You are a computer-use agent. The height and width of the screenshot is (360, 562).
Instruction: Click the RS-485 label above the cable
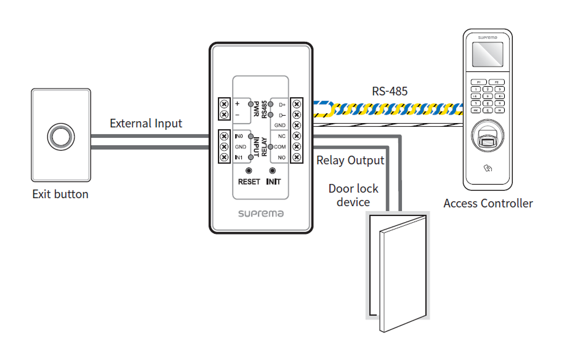[390, 92]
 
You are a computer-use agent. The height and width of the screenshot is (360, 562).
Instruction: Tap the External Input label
[146, 123]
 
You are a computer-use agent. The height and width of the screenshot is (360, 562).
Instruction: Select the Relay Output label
[350, 161]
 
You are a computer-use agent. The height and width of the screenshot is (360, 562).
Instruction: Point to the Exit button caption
[60, 194]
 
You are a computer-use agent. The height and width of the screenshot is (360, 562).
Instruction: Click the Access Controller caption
[488, 203]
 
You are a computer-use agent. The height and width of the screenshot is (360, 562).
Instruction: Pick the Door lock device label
[353, 195]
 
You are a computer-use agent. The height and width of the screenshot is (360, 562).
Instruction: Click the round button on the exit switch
[60, 136]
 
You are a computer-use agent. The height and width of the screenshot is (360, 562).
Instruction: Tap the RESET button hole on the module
[249, 170]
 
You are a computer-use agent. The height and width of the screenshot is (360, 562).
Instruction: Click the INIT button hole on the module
[273, 170]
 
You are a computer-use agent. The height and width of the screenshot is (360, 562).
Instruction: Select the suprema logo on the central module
[260, 214]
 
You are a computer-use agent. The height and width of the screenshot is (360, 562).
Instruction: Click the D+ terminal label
[282, 105]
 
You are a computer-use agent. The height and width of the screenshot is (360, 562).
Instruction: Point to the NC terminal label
[281, 135]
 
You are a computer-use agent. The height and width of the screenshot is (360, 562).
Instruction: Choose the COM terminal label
[280, 146]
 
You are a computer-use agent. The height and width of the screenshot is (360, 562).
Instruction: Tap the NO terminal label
[281, 158]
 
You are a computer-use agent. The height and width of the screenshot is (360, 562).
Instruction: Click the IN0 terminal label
[239, 135]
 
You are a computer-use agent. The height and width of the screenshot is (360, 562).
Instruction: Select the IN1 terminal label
[239, 158]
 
